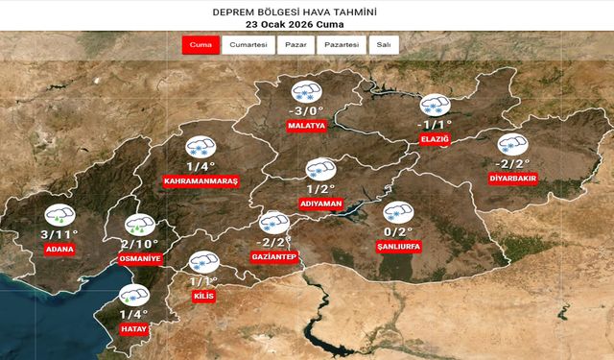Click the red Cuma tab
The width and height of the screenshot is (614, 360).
click(201, 45)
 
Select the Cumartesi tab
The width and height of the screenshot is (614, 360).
click(248, 45)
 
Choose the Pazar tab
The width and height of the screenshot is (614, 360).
click(295, 45)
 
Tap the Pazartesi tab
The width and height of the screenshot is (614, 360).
click(342, 45)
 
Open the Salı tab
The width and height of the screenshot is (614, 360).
click(384, 45)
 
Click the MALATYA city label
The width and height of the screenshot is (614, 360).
click(307, 125)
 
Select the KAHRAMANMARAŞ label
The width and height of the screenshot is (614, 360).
click(201, 180)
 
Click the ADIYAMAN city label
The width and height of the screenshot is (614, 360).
click(322, 204)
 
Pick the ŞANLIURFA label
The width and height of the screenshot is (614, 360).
click(398, 246)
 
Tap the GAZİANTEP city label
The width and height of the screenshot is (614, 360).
click(273, 255)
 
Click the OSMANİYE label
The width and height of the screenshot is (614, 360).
click(140, 259)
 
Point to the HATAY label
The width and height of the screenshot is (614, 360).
click(132, 328)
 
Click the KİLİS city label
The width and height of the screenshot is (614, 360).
click(203, 297)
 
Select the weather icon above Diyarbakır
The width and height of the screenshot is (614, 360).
click(513, 145)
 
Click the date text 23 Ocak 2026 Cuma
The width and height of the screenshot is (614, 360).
click(307, 25)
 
